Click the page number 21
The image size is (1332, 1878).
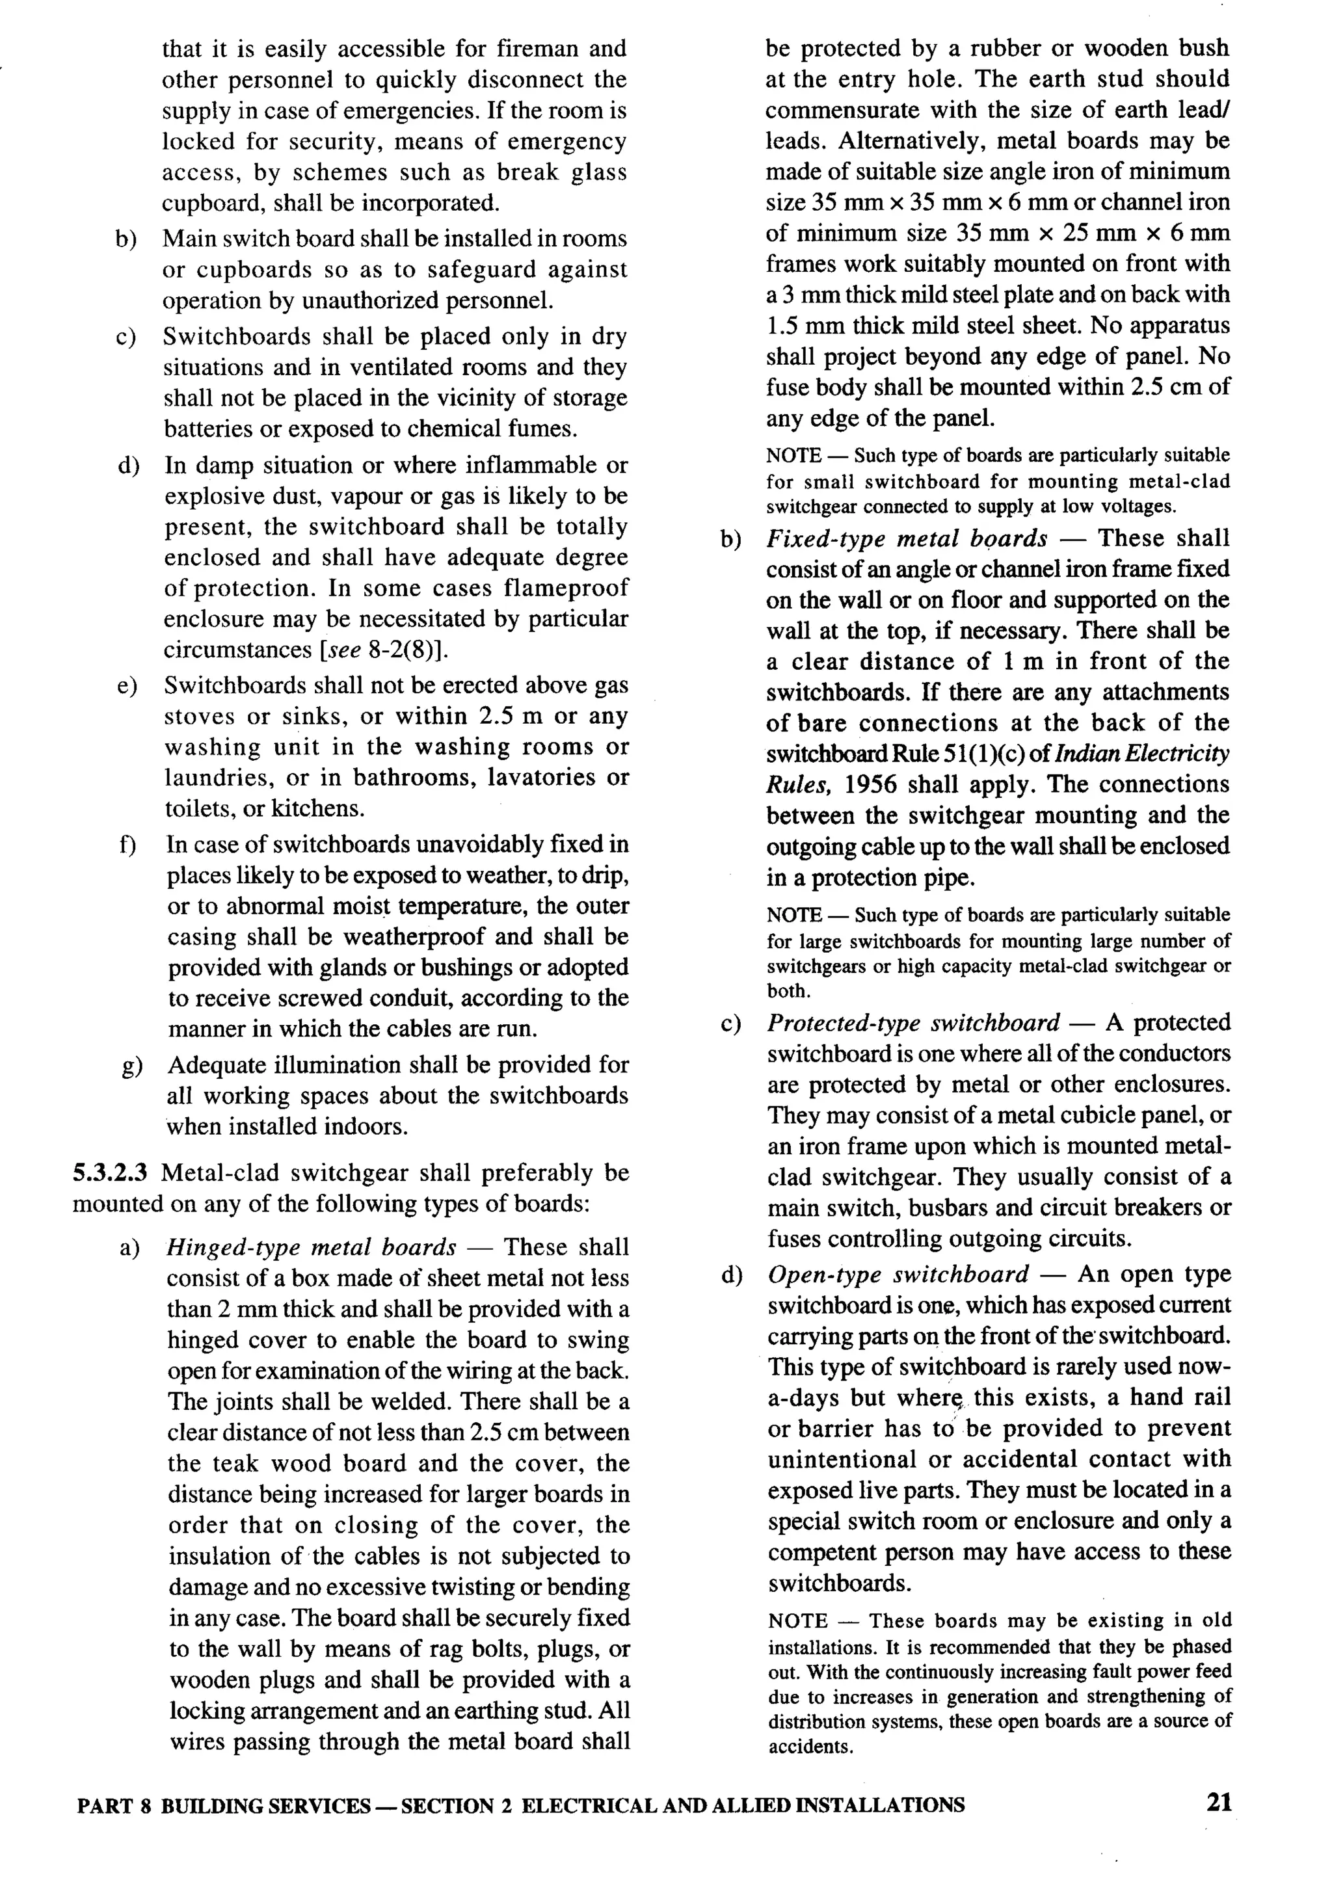pyautogui.click(x=1219, y=1803)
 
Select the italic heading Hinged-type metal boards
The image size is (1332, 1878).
pyautogui.click(x=311, y=1247)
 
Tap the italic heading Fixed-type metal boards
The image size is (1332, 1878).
pyautogui.click(x=906, y=539)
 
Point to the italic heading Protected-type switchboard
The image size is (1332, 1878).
pyautogui.click(x=913, y=1023)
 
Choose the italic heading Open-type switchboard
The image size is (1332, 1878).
pyautogui.click(x=898, y=1274)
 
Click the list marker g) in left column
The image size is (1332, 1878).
pyautogui.click(x=129, y=1066)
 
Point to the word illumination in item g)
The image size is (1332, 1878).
pyautogui.click(x=371, y=1065)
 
